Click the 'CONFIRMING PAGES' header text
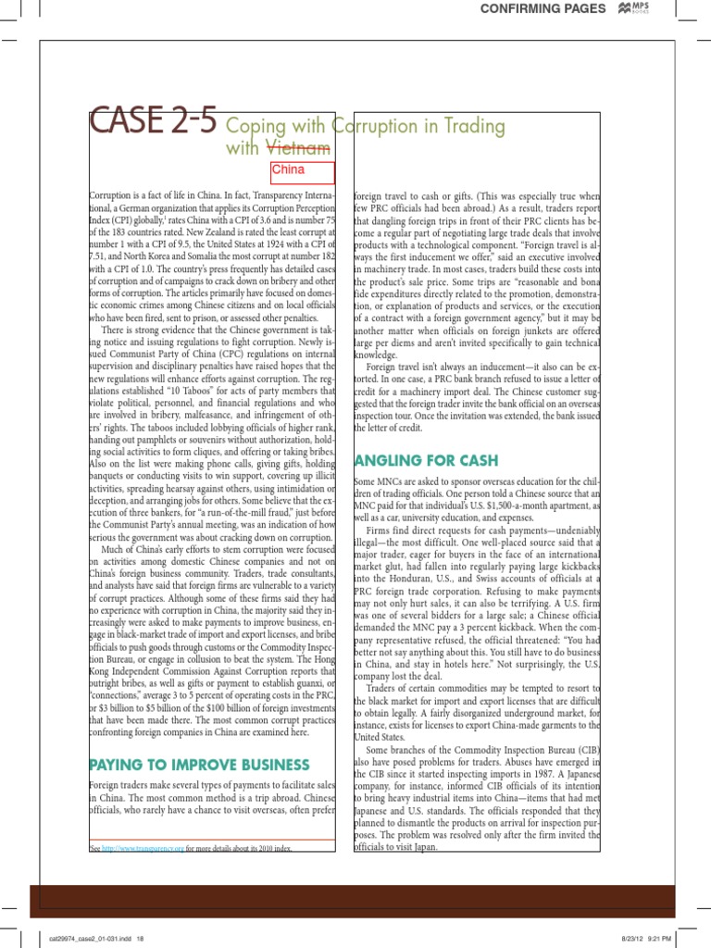coord(541,8)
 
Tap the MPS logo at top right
coord(635,8)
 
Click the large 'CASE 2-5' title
coord(153,123)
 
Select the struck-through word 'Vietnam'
coord(298,147)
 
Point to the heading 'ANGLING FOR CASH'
coord(426,460)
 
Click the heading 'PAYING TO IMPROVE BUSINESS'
coord(199,765)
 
